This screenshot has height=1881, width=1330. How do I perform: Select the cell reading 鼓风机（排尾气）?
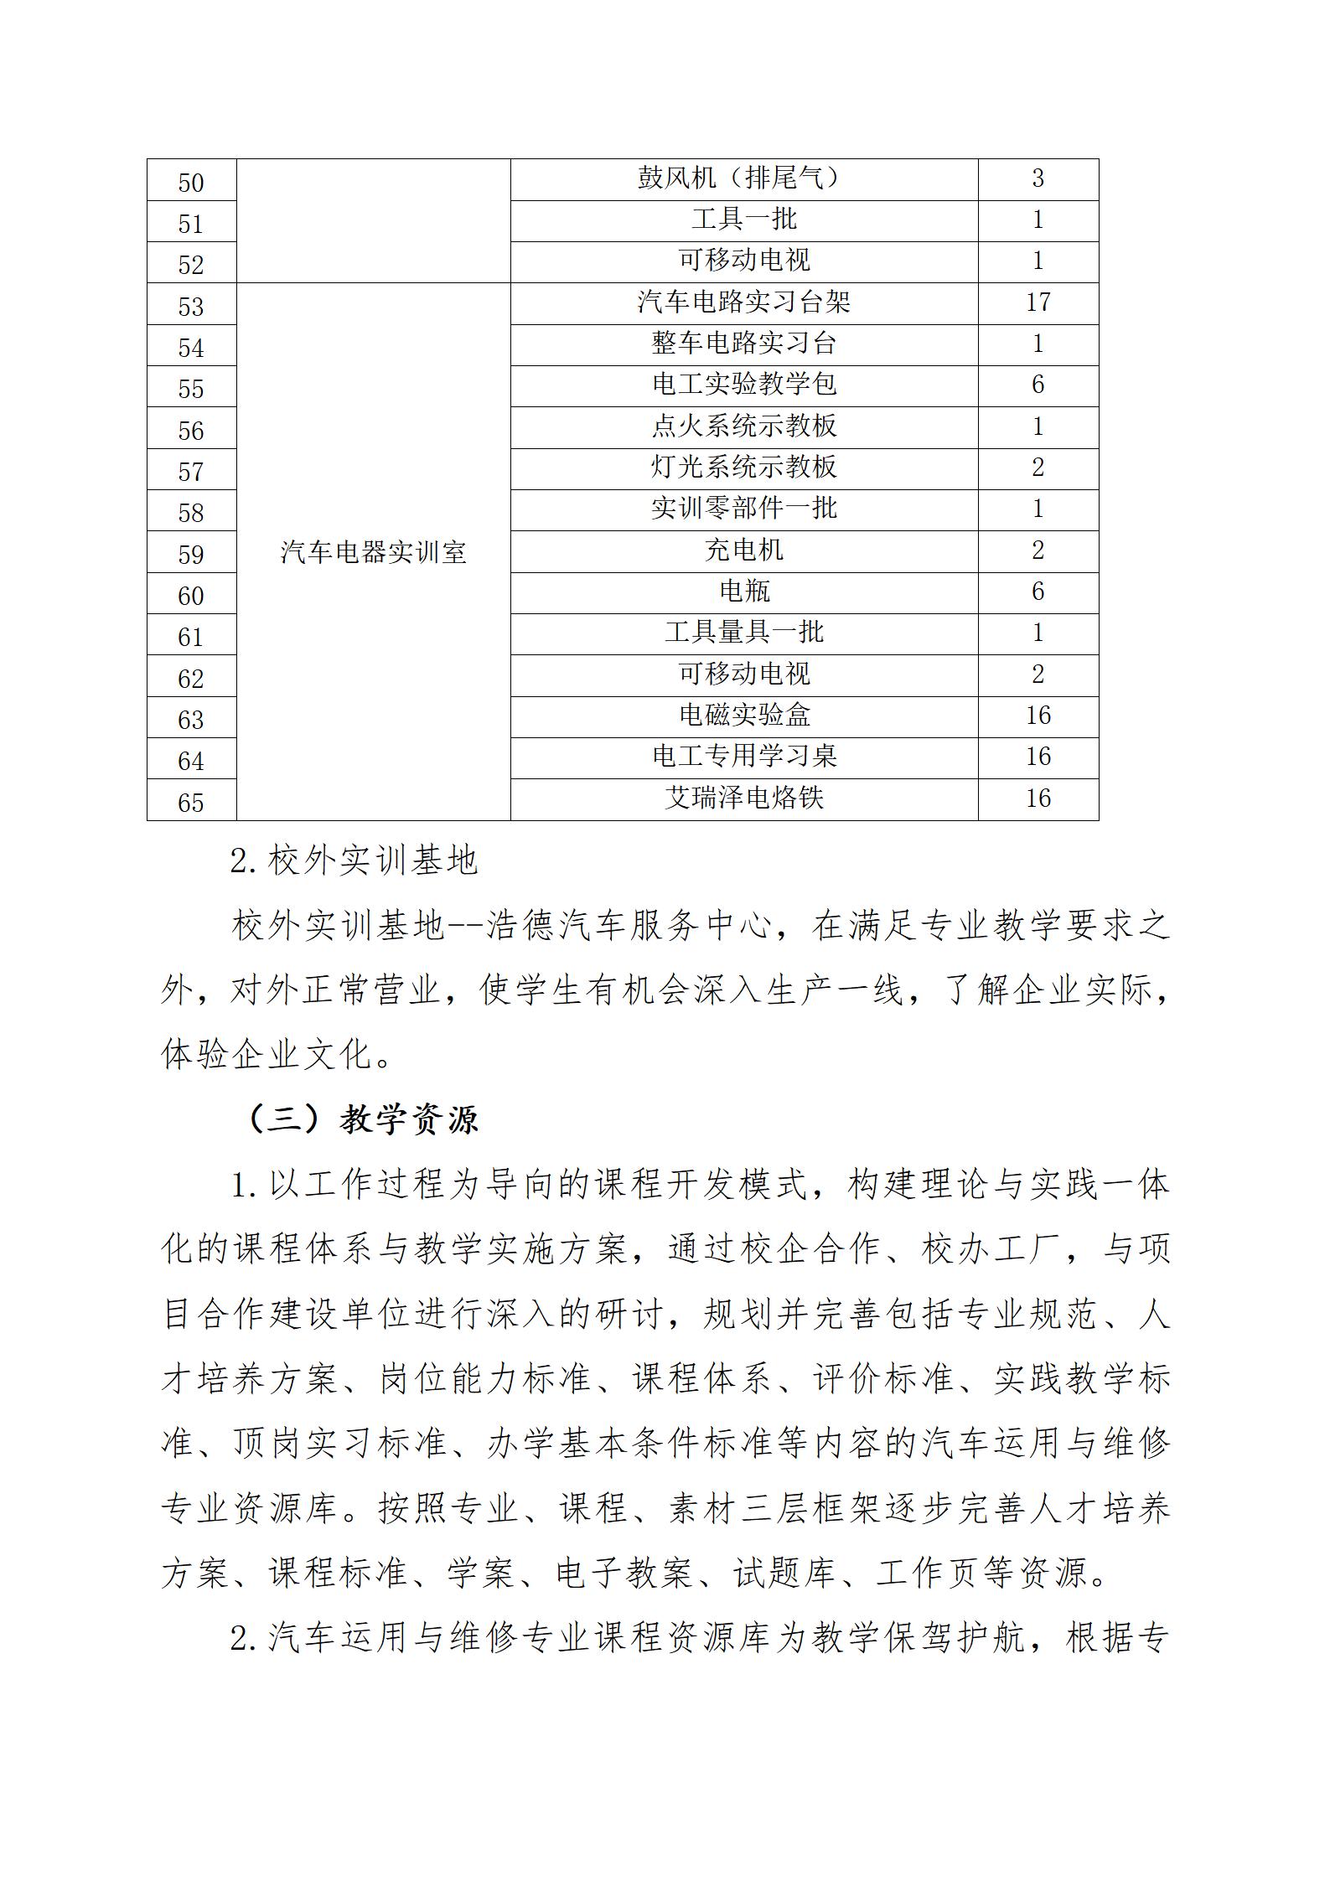(743, 178)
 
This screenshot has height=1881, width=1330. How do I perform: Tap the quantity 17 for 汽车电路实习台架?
(1038, 302)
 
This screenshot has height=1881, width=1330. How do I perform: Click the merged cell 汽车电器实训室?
(373, 552)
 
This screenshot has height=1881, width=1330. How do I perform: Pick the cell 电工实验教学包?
(743, 385)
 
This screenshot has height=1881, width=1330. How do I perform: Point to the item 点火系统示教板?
(743, 426)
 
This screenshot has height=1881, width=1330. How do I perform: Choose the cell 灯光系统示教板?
(743, 468)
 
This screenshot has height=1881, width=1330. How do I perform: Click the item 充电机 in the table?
(743, 550)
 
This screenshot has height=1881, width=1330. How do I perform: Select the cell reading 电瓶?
(743, 592)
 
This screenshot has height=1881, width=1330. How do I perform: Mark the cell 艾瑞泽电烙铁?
(743, 798)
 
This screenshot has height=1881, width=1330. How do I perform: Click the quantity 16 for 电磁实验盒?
(1038, 716)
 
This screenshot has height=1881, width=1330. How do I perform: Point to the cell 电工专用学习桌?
(743, 757)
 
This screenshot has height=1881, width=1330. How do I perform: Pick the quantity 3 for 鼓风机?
(1038, 178)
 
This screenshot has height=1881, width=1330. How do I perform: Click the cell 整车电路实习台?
(743, 344)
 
